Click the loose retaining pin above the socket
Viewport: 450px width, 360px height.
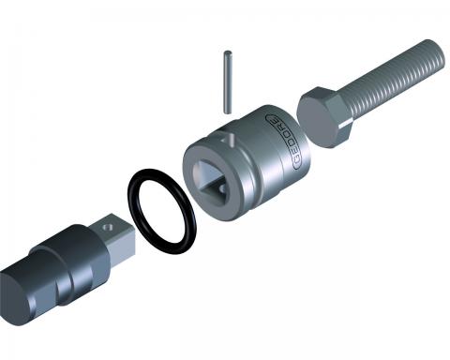(x=228, y=82)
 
